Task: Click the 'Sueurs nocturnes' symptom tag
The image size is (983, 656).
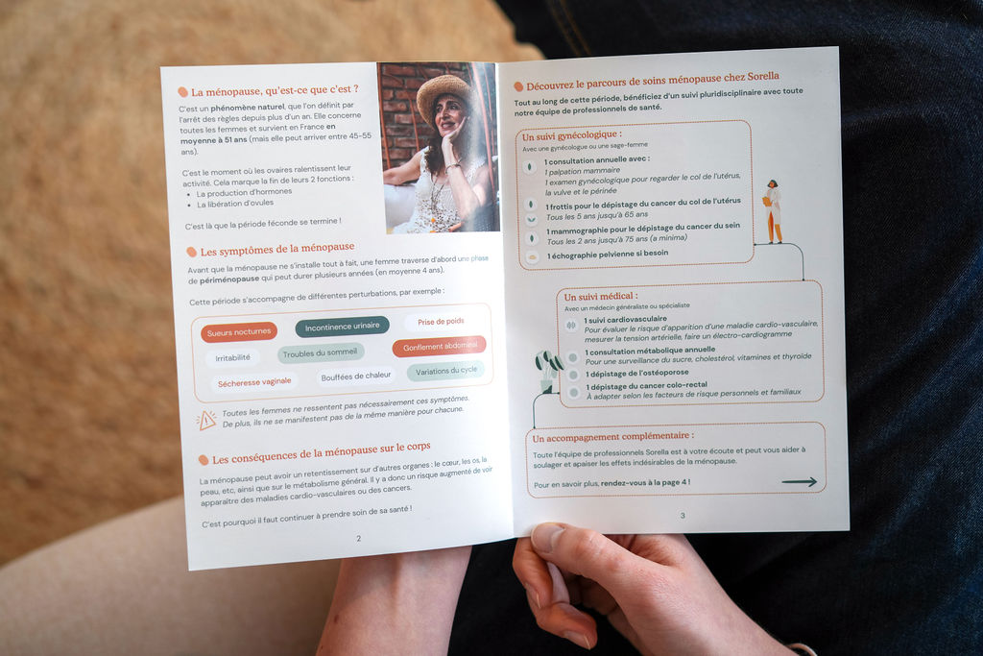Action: [239, 331]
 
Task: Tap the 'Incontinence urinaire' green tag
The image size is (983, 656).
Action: [343, 327]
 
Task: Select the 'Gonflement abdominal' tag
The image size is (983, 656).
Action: [440, 346]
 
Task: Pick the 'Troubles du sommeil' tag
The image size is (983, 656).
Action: [320, 353]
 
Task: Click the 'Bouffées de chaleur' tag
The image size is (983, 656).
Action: [355, 377]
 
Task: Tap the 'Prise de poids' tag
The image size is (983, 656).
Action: [441, 321]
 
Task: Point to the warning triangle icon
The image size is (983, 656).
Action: [206, 420]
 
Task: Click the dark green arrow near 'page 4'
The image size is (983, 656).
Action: [800, 481]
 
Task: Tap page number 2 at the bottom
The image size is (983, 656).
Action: [359, 538]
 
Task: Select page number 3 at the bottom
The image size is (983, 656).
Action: [683, 515]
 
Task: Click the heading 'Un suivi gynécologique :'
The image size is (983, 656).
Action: [572, 135]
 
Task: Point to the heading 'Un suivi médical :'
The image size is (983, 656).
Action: [601, 296]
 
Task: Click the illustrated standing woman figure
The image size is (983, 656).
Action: [774, 211]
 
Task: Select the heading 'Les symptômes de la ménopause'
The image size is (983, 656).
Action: [277, 249]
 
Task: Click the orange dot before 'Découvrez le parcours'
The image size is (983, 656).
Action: [518, 86]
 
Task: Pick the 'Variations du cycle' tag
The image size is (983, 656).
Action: [445, 371]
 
